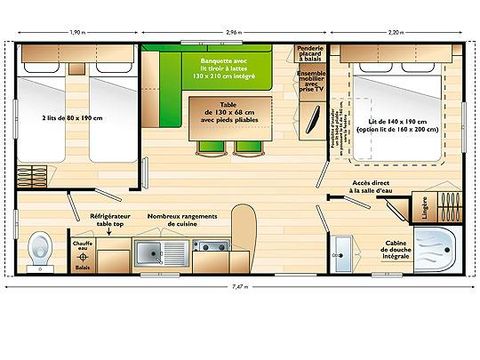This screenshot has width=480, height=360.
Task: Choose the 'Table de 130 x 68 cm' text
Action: tap(228, 117)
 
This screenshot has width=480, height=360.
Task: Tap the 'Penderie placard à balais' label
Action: tap(310, 53)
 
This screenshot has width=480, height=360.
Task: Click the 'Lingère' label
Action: tap(426, 212)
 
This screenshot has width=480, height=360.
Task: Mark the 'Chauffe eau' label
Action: tap(82, 243)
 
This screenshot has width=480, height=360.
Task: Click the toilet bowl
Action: tap(41, 246)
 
